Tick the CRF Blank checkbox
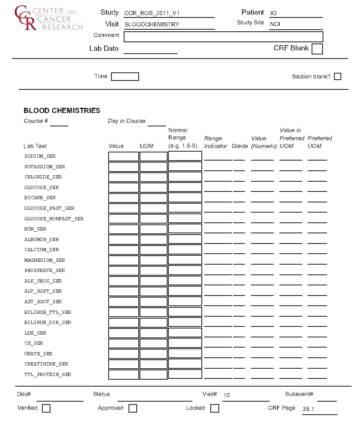317,49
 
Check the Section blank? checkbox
337,76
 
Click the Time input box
125,76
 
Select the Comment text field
223,37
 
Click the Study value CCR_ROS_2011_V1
152,13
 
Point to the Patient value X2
273,13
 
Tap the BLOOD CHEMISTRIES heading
62,111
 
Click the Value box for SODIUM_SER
124,157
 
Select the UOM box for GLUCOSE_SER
153,188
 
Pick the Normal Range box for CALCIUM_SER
185,250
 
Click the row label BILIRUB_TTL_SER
48,312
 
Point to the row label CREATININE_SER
46,364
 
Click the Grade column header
240,146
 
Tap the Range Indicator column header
216,142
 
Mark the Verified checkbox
46,408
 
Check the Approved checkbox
133,408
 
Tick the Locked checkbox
215,408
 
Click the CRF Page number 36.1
308,409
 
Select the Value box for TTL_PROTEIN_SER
124,374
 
